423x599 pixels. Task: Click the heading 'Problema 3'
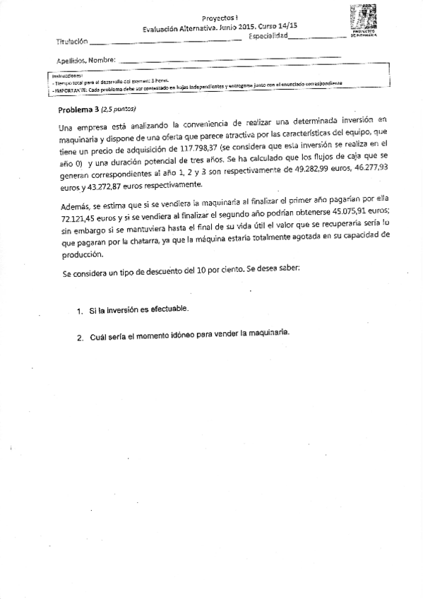pos(78,109)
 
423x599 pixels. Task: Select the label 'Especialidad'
pos(268,36)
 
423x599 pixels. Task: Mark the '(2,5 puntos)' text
pos(118,109)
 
